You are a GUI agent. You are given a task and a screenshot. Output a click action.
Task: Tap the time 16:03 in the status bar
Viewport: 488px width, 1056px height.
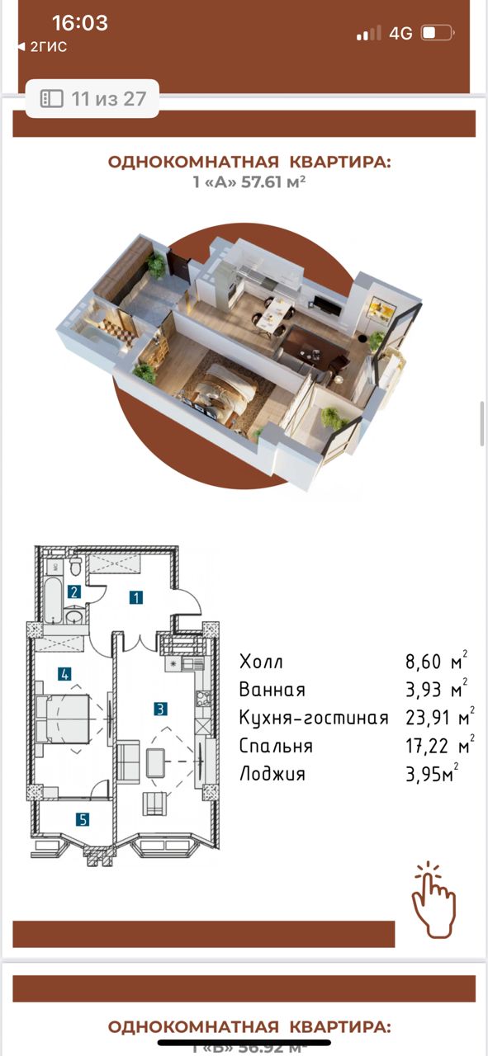point(79,23)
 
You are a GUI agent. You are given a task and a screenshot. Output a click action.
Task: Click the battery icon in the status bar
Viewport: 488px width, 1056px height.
point(437,33)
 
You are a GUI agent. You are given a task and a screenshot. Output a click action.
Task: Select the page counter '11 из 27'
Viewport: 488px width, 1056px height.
point(92,99)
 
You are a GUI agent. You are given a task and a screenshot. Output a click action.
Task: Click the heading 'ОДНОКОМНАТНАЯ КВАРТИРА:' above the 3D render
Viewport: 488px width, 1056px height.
point(249,162)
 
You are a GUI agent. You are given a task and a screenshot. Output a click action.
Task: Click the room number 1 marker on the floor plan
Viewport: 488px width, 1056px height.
point(136,597)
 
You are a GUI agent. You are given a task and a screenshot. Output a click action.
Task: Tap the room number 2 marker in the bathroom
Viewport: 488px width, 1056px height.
point(74,591)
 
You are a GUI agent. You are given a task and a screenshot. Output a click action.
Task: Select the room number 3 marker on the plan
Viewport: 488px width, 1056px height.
point(161,707)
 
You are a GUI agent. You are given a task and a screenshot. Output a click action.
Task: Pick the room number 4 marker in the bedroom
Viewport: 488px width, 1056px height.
point(64,674)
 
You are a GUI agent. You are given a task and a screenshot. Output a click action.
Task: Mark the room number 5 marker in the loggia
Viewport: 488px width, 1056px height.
point(83,819)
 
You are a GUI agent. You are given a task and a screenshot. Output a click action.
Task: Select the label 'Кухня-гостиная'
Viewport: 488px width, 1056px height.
point(313,718)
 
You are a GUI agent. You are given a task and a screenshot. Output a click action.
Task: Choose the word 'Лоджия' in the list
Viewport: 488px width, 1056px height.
point(272,774)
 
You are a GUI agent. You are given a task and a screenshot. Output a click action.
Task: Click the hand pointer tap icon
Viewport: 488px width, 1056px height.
point(434,901)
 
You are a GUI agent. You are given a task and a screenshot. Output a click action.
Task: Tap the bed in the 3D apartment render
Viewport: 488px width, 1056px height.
point(219,388)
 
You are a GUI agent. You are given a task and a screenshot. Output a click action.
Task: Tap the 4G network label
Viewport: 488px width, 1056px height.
point(400,33)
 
